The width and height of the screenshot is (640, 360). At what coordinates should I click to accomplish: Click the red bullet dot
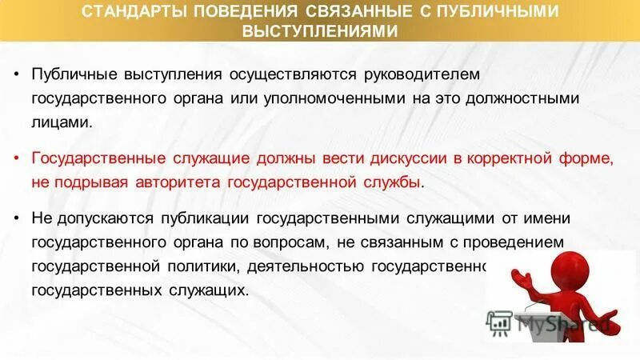click(x=18, y=158)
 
